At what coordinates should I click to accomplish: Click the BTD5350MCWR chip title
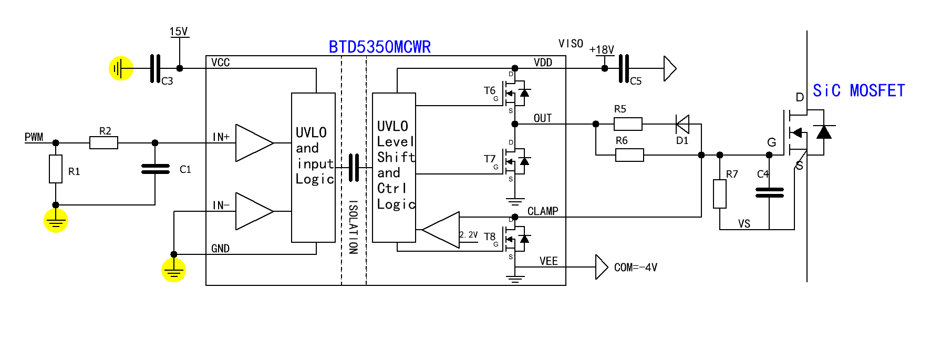[379, 47]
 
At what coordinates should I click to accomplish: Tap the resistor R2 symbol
[104, 142]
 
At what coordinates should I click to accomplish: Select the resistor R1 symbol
[56, 169]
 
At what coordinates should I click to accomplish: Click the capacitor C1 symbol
[155, 169]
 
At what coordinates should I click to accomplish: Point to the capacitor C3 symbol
[155, 68]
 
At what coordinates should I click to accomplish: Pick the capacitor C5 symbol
[624, 68]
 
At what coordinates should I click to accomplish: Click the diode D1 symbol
[682, 125]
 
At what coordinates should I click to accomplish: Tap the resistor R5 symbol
[628, 124]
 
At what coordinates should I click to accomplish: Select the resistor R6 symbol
[629, 155]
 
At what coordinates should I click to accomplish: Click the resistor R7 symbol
[720, 194]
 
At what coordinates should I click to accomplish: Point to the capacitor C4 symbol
[769, 193]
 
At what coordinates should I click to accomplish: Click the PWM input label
[34, 137]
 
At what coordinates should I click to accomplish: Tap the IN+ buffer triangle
[254, 142]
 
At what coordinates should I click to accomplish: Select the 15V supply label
[179, 32]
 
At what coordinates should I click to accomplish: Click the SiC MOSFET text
[858, 91]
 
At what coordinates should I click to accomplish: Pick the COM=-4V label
[635, 268]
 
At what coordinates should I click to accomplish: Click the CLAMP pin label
[542, 211]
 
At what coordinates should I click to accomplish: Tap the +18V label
[602, 50]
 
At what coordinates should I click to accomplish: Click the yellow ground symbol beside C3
[121, 68]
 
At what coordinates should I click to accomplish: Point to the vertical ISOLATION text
[353, 227]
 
